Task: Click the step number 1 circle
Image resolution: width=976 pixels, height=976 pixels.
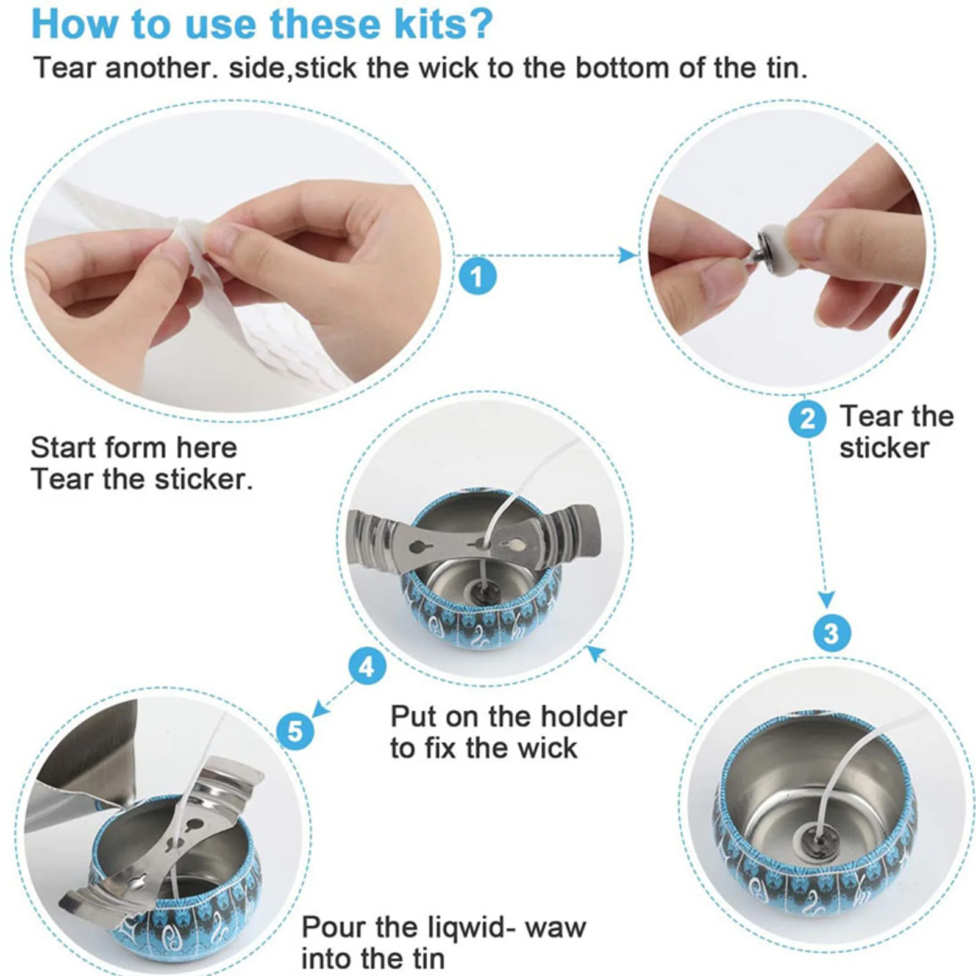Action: (x=477, y=276)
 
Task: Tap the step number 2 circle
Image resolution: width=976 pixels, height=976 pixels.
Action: (x=807, y=418)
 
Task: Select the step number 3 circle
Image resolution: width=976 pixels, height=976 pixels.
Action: (x=832, y=633)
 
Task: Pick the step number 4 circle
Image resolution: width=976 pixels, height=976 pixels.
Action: (x=367, y=666)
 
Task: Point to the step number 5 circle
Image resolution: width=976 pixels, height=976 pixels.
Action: (x=295, y=730)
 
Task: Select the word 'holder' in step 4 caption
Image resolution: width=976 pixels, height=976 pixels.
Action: (x=583, y=716)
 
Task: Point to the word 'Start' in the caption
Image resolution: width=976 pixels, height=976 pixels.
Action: (x=67, y=447)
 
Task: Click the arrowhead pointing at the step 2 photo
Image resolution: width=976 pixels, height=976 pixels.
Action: (x=628, y=255)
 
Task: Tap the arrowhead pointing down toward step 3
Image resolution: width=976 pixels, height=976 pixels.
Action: (x=826, y=599)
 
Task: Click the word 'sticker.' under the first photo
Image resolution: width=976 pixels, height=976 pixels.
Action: (x=204, y=479)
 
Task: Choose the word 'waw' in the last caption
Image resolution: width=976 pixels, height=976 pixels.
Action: (x=555, y=928)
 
